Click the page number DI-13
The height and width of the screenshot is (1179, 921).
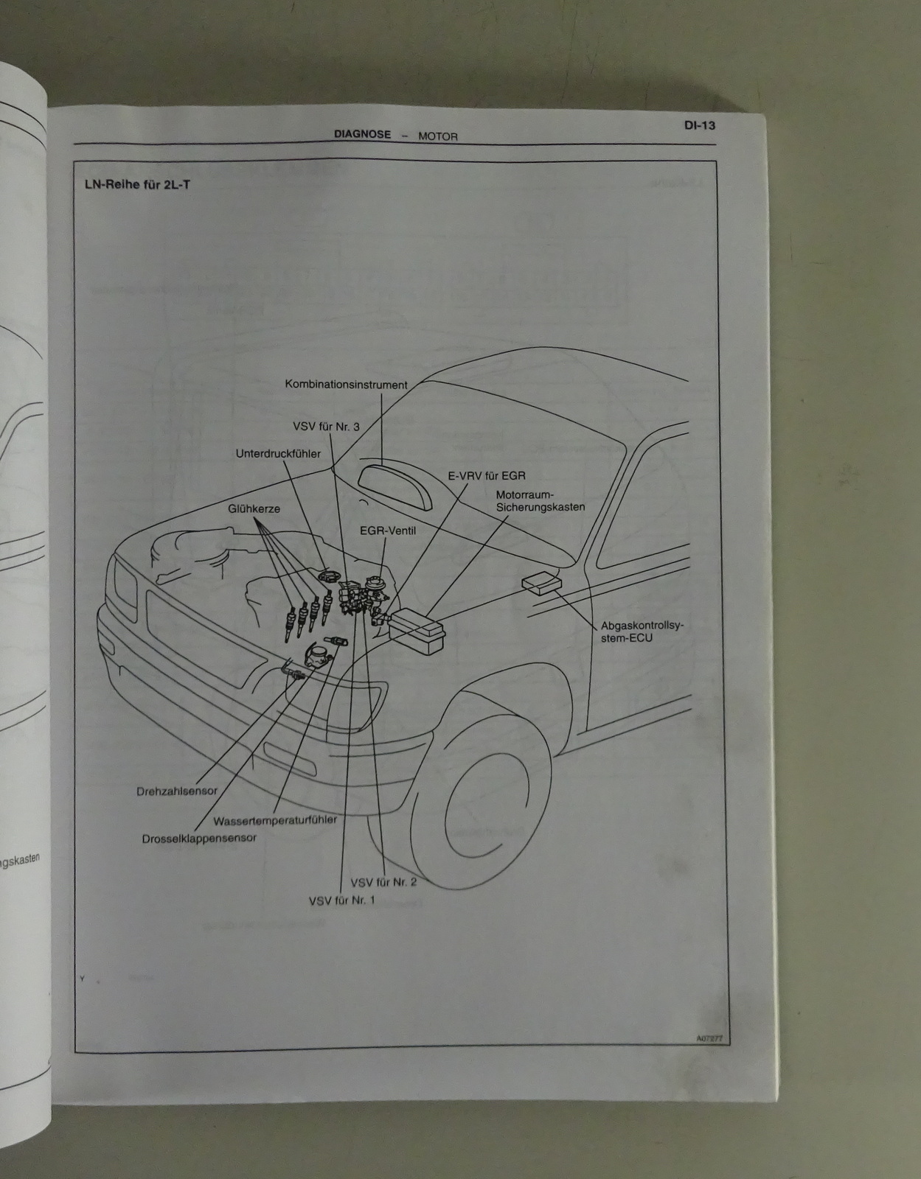coord(699,125)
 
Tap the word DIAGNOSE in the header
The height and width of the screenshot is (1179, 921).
coord(362,135)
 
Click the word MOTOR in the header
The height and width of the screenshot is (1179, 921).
coord(438,136)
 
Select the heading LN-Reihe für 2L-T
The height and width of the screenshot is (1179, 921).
coord(137,184)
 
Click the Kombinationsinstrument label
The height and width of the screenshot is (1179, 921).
coord(346,385)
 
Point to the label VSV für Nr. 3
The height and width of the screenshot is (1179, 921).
coord(326,427)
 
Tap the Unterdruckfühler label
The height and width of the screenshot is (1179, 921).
coord(278,454)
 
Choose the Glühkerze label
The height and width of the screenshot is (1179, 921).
coord(254,508)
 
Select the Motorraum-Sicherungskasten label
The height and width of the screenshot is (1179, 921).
coord(541,501)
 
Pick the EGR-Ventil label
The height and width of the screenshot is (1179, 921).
coord(388,531)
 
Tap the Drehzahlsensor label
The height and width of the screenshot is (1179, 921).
coord(177,791)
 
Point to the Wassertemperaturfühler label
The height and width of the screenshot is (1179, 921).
coord(275,820)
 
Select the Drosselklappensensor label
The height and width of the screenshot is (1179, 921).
coord(199,839)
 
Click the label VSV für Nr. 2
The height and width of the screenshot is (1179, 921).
coord(383,882)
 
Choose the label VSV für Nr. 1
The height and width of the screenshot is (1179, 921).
coord(341,900)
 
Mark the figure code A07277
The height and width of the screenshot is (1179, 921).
coord(709,1039)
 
